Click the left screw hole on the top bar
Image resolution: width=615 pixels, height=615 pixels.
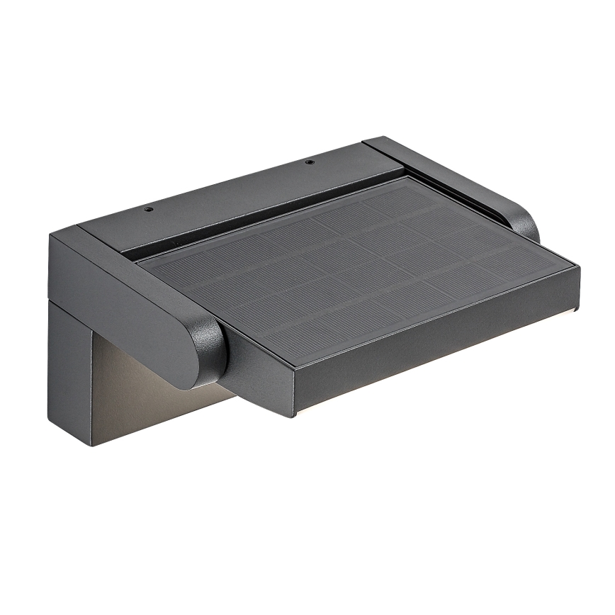click(149, 210)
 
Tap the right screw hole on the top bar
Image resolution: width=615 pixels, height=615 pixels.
click(309, 162)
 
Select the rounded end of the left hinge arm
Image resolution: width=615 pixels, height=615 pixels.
click(205, 351)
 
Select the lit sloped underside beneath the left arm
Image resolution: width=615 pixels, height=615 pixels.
click(149, 397)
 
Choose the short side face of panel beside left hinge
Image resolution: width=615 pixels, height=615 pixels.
click(255, 376)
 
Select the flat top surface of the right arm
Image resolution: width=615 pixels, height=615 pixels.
click(453, 177)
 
